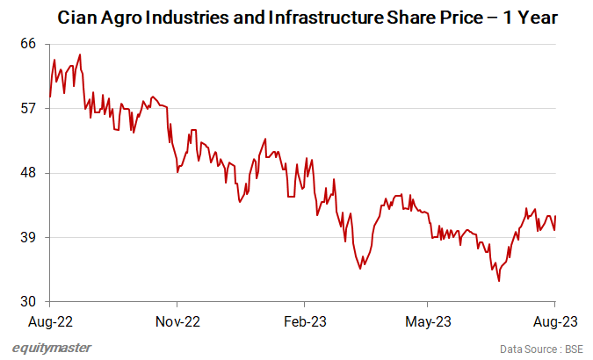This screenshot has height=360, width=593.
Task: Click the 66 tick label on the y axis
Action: pos(30,43)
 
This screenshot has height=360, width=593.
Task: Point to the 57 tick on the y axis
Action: pos(30,108)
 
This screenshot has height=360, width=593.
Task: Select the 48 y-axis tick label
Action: pos(30,173)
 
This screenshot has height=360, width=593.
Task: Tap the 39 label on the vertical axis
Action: pos(30,237)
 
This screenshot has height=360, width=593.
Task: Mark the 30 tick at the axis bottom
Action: pos(30,302)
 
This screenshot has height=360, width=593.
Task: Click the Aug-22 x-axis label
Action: pos(50,320)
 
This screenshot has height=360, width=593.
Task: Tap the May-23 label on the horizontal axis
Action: pos(428,320)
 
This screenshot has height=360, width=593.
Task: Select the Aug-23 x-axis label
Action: pos(555,320)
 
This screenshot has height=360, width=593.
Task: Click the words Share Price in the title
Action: pos(404,17)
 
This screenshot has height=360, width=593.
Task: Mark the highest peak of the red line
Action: pos(80,54)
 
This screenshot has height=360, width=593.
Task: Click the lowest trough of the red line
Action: pos(499,281)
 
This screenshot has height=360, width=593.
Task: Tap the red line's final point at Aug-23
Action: pos(555,217)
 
